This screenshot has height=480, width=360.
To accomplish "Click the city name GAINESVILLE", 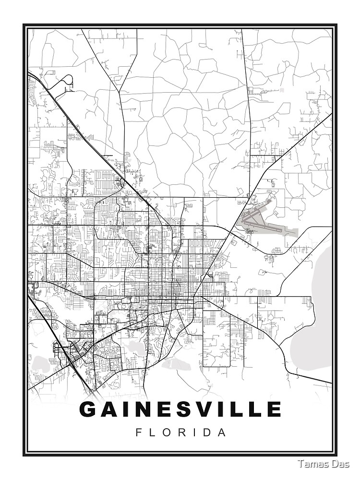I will (x=180, y=409).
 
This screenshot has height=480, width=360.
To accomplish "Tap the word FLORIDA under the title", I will (x=180, y=432).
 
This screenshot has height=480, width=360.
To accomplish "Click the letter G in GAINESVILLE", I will (x=89, y=409).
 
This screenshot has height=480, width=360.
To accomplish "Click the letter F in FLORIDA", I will (x=139, y=432).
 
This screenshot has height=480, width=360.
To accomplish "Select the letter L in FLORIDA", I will (x=152, y=432).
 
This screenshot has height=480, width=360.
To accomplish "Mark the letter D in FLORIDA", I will (x=207, y=432).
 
